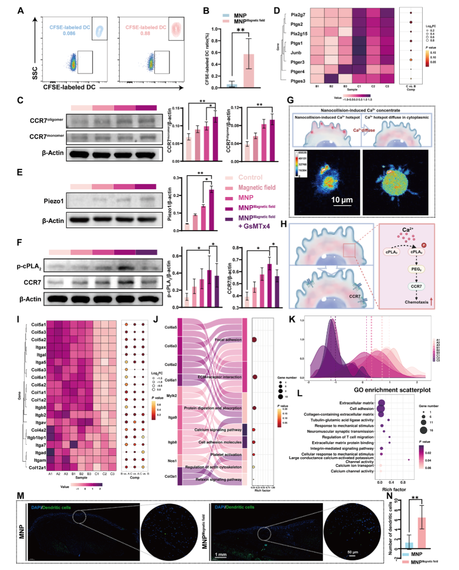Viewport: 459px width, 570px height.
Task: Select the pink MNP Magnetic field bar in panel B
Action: (249, 70)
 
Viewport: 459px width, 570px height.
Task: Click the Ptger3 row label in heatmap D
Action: (298, 62)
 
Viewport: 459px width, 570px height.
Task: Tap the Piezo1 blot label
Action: (53, 201)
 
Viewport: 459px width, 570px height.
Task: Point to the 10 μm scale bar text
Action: (342, 200)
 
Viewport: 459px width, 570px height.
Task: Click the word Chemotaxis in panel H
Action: (416, 302)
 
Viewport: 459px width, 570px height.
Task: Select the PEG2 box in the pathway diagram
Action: (416, 269)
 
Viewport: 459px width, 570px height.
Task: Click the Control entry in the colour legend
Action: (250, 177)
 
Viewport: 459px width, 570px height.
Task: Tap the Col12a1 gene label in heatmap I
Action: (37, 468)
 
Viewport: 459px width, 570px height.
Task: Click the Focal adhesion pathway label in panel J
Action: (228, 340)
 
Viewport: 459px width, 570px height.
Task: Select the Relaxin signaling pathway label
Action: (219, 479)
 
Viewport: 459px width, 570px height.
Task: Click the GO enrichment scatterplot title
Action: (392, 390)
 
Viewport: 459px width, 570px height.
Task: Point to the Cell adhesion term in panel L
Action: (361, 409)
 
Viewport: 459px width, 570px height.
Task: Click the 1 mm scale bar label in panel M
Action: (220, 554)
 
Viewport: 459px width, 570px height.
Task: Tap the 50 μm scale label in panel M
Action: (352, 552)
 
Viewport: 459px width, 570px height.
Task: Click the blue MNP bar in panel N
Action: (408, 545)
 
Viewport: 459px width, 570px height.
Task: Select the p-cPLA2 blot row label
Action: (29, 266)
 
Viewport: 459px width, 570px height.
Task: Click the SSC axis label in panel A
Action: (35, 73)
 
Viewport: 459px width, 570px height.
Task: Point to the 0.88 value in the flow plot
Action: (145, 33)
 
